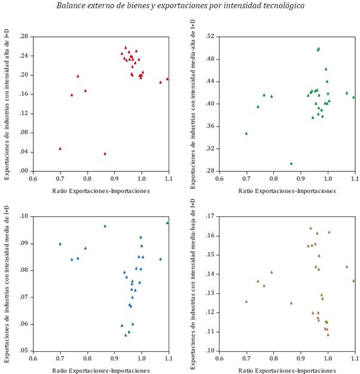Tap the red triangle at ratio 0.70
[x=60, y=149]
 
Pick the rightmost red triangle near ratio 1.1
[x=167, y=79]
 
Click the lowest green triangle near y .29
[x=291, y=163]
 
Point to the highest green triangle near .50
[x=319, y=48]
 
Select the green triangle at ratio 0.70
[x=246, y=133]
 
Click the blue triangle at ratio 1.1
[x=167, y=223]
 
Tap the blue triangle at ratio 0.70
[x=60, y=244]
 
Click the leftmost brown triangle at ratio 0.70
[x=246, y=301]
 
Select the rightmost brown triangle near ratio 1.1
[x=353, y=280]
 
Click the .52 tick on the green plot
[x=210, y=36]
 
